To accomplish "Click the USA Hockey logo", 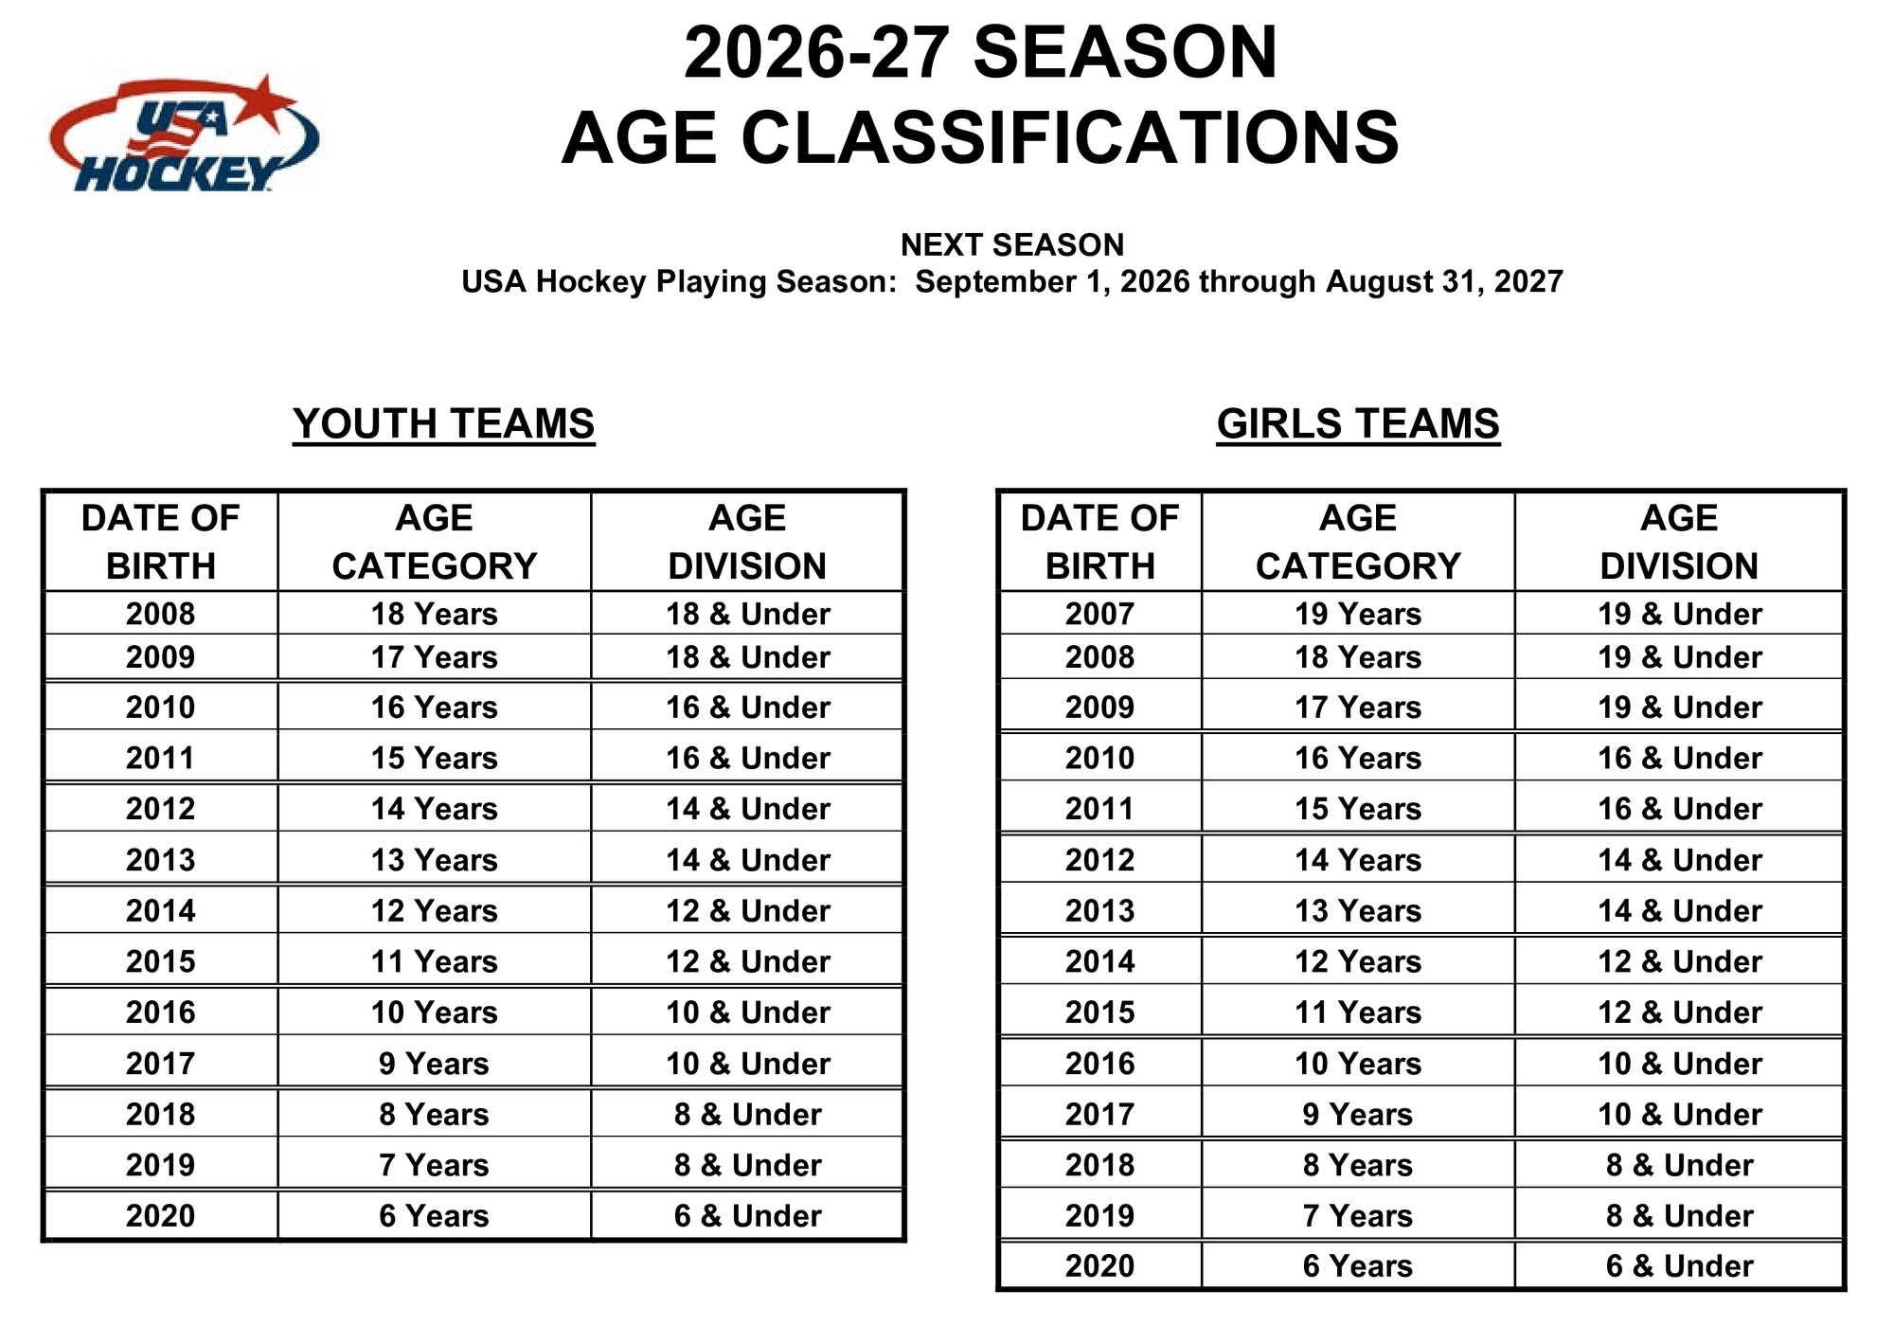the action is pos(184,134).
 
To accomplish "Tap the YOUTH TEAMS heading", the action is pos(443,423).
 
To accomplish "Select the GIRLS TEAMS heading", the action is pos(1358,423).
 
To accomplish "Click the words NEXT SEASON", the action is pos(1012,245).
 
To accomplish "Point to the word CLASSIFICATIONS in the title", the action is pos(1070,138).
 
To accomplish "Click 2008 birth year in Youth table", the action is pos(160,614).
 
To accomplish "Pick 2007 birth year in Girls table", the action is pos(1099,614).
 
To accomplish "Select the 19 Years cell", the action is pos(1358,614).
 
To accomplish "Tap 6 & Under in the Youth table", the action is pos(747,1216).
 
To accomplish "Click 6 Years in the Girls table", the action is pos(1358,1266).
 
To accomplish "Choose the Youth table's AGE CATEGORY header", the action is pos(434,542).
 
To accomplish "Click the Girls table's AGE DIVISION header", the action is pos(1679,542).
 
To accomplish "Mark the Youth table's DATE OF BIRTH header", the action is pos(160,542).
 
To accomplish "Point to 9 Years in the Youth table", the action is pos(434,1064).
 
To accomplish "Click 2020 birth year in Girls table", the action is pos(1099,1266).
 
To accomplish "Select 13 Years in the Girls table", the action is pos(1358,911).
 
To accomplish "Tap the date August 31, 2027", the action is pos(1444,281).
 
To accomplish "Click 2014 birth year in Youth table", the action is pos(160,911).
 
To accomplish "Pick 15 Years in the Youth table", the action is pos(434,759).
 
